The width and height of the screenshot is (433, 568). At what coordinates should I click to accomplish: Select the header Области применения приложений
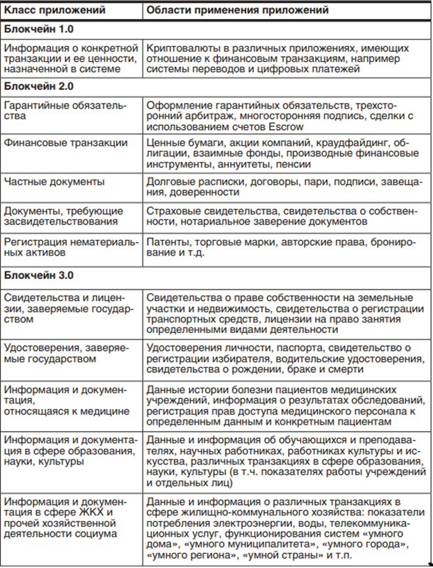[x=237, y=11]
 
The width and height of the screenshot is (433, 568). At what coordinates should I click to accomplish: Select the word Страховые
[x=173, y=211]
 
